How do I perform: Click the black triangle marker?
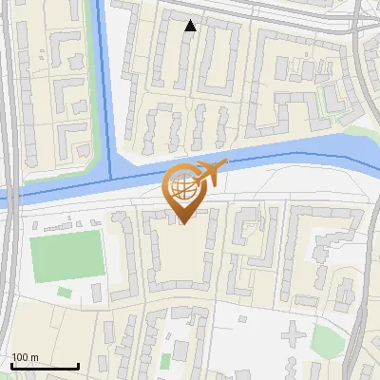[x=190, y=26]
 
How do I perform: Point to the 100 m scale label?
[x=25, y=357]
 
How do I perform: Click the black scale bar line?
[x=44, y=366]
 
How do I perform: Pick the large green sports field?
[x=66, y=256]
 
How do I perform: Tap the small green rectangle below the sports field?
[x=64, y=293]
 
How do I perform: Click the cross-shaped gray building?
[x=296, y=333]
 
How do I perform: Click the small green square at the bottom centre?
[x=165, y=360]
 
